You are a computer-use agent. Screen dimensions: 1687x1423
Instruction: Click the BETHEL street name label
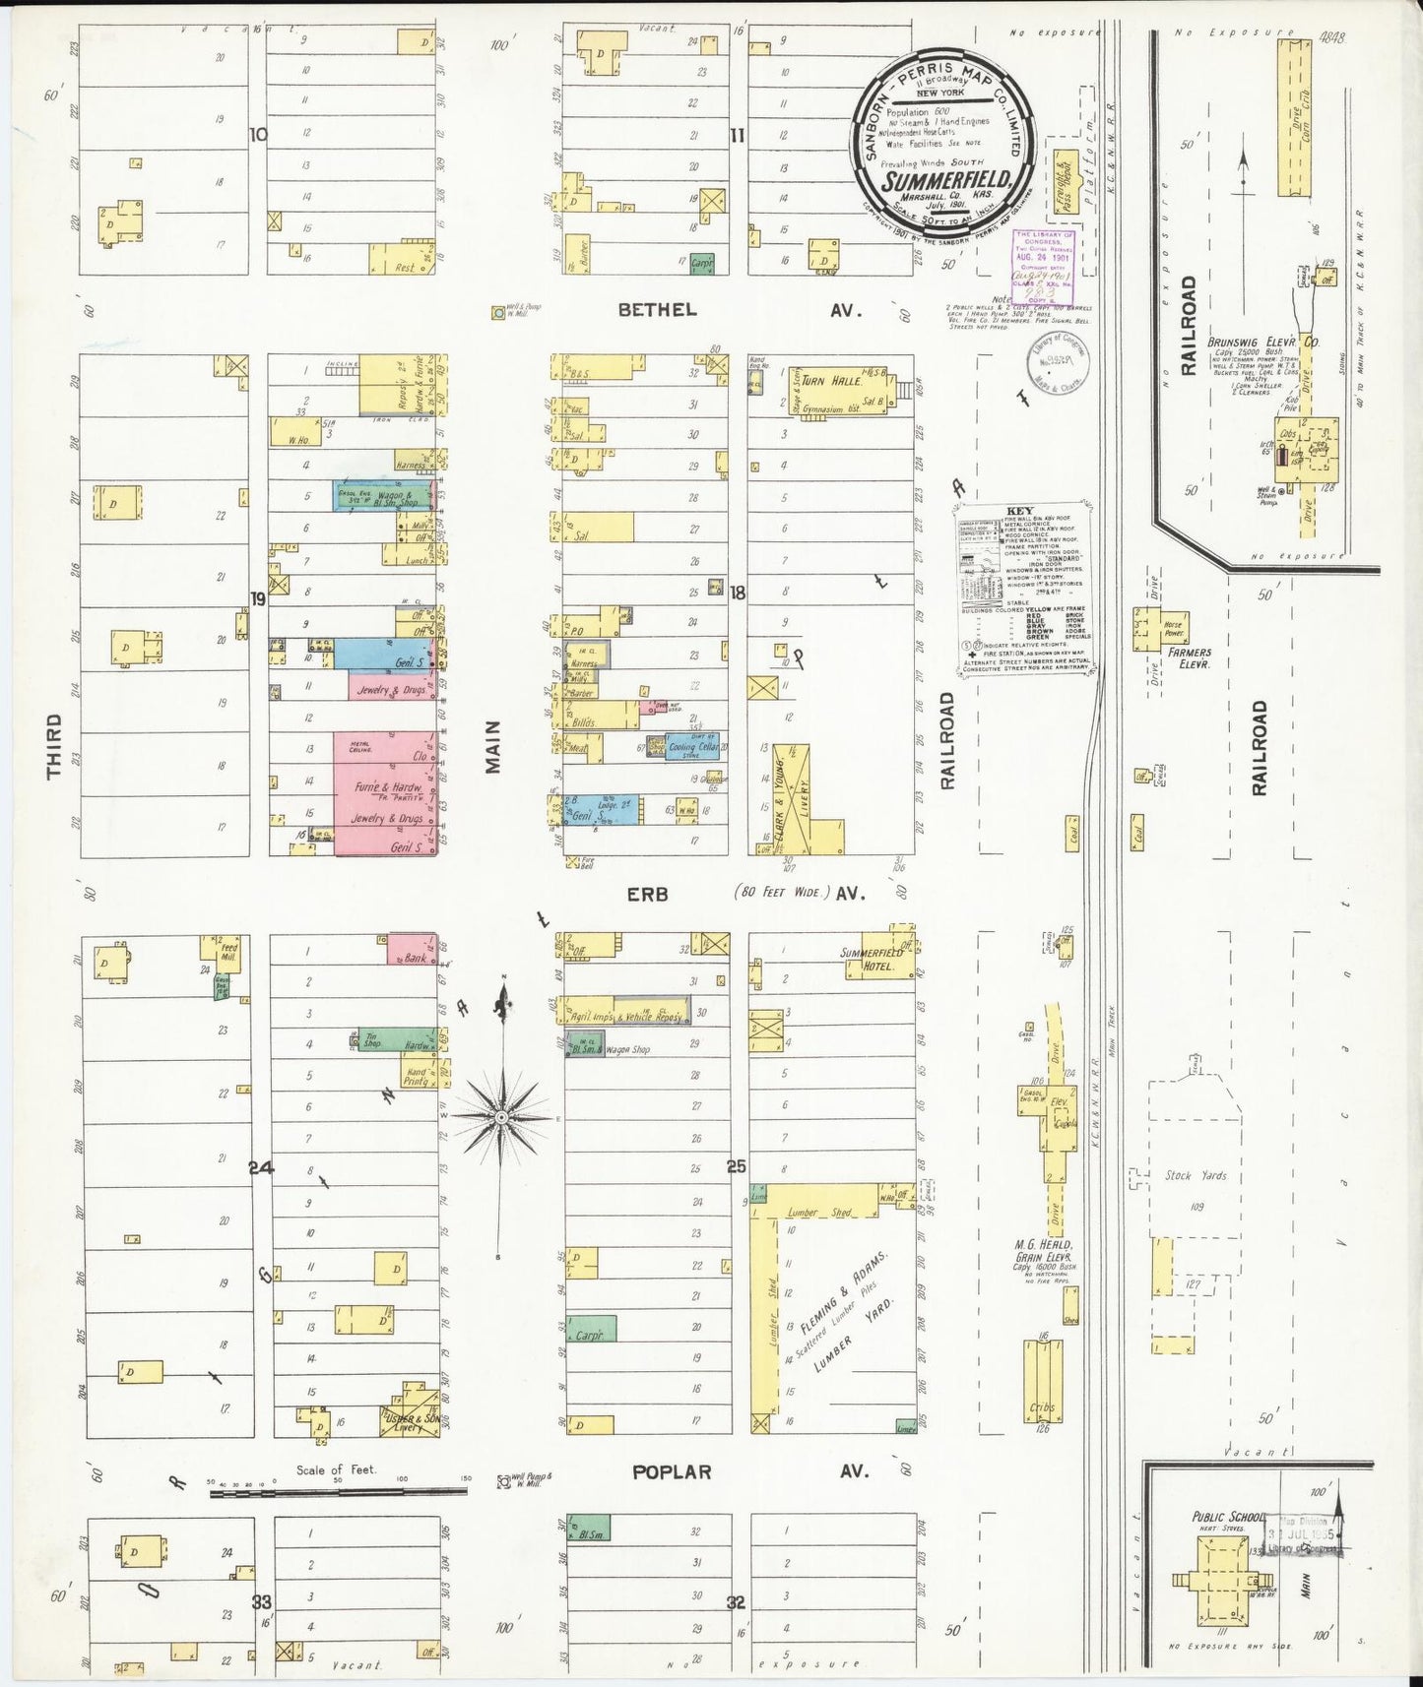coord(657,310)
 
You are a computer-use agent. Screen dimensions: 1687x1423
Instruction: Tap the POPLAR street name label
coord(671,1472)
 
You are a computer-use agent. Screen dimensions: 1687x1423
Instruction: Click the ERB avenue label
coord(647,894)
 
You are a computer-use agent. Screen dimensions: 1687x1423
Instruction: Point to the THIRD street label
coord(54,745)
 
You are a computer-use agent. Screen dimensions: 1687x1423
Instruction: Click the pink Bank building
coord(412,950)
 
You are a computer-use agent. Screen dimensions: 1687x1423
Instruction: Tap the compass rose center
coord(501,1118)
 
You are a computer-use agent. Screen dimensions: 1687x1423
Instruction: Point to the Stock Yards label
coord(1191,1175)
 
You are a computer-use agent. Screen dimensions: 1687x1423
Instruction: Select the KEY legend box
coord(1025,591)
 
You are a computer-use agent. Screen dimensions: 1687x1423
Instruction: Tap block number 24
coord(260,1168)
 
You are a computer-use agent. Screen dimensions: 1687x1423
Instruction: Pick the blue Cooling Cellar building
coord(693,746)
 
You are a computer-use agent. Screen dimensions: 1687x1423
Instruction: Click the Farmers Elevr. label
coord(1189,657)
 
